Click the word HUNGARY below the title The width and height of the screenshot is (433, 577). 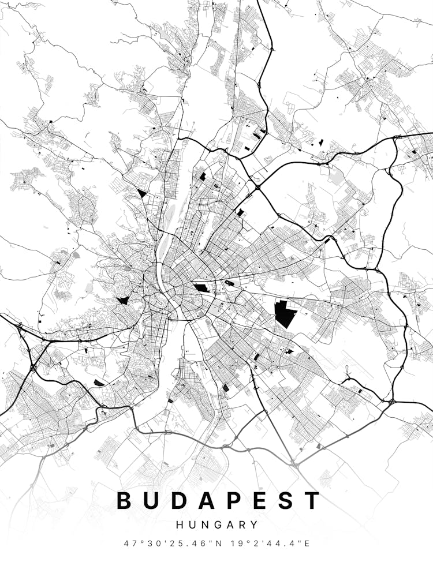pyautogui.click(x=216, y=525)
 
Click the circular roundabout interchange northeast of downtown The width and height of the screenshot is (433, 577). pyautogui.click(x=257, y=187)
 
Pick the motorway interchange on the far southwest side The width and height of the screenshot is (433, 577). pyautogui.click(x=33, y=367)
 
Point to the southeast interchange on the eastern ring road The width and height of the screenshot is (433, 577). pyautogui.click(x=392, y=400)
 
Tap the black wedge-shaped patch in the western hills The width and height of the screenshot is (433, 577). pyautogui.click(x=122, y=300)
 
